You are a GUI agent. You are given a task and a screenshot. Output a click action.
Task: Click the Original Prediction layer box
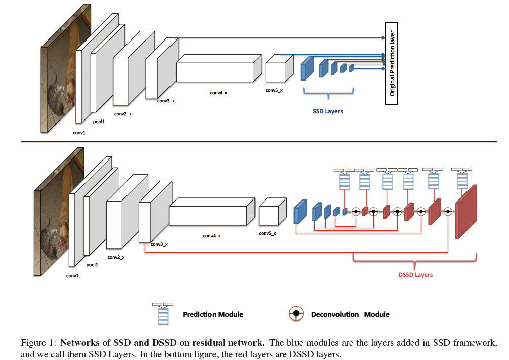391,63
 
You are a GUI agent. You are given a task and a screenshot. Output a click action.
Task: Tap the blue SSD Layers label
327,111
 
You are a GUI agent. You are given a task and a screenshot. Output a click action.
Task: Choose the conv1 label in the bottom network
72,276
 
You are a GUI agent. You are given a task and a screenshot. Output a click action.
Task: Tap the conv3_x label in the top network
166,101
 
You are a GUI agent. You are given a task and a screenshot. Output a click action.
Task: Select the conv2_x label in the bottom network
116,257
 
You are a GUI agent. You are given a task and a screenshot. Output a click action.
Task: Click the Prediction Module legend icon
163,314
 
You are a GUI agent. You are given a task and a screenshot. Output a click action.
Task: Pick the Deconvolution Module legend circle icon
296,314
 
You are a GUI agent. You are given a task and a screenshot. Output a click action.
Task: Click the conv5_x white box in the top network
279,69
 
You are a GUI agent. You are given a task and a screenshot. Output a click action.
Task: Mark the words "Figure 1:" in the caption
37,343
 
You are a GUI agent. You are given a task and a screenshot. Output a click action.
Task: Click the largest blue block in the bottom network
301,210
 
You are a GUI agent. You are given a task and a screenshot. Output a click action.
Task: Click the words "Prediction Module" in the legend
213,314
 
